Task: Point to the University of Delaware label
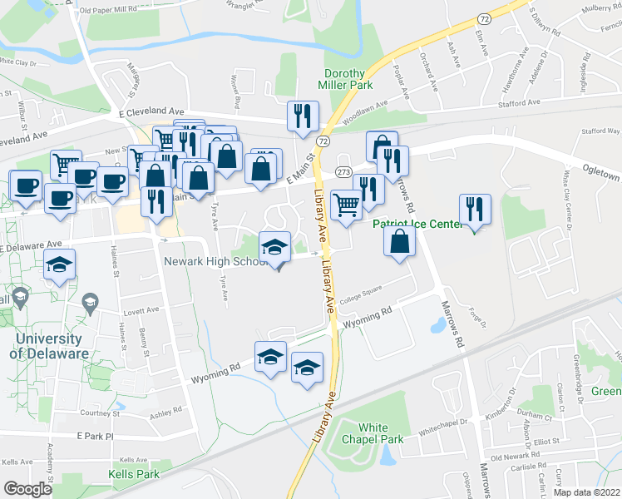click(49, 346)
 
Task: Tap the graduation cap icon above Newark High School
click(274, 246)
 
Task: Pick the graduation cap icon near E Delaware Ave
click(59, 264)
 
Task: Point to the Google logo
click(28, 489)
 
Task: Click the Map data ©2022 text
click(586, 492)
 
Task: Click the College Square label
click(359, 293)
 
